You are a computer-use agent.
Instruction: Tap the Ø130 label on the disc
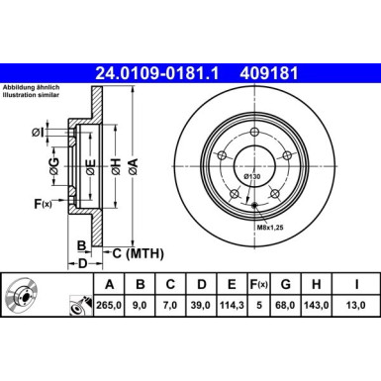click(254, 176)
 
